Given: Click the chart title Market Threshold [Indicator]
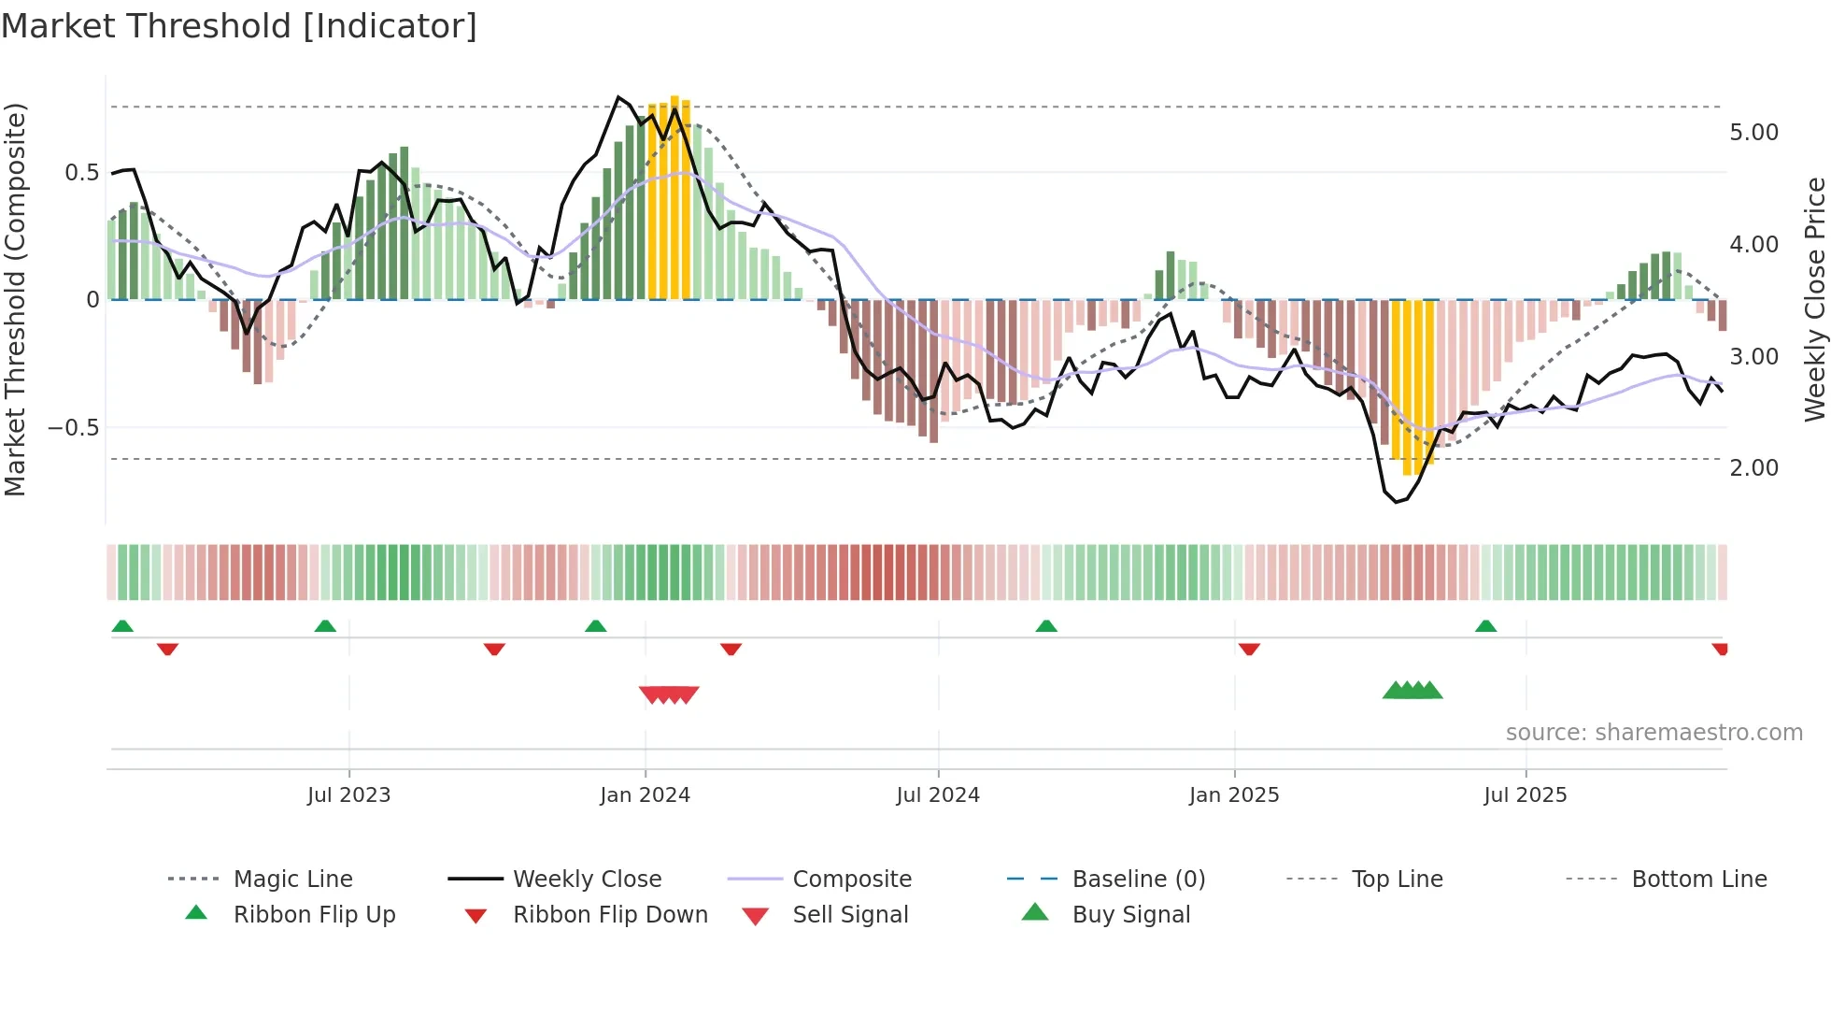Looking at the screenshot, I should coord(239,26).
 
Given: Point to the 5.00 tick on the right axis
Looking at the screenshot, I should coord(1753,133).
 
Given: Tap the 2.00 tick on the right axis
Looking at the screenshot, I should coord(1753,468).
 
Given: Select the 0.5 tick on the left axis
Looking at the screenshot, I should coord(81,173).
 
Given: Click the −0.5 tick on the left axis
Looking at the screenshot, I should coord(74,428).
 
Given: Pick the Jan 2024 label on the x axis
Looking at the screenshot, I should coord(645,795).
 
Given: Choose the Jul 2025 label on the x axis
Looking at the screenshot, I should coord(1525,795).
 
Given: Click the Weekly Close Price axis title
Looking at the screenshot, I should coord(1814,299).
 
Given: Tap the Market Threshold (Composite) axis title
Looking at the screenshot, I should coord(15,299).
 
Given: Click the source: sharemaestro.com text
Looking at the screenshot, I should coord(1654,733).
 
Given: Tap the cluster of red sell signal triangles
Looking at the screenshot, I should coord(669,694).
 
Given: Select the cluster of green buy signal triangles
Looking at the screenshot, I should coord(1412,691).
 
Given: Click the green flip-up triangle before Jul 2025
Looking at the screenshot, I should coord(1485,626).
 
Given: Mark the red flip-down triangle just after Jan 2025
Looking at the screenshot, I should coord(1249,649).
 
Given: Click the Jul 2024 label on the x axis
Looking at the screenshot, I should coord(937,795).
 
